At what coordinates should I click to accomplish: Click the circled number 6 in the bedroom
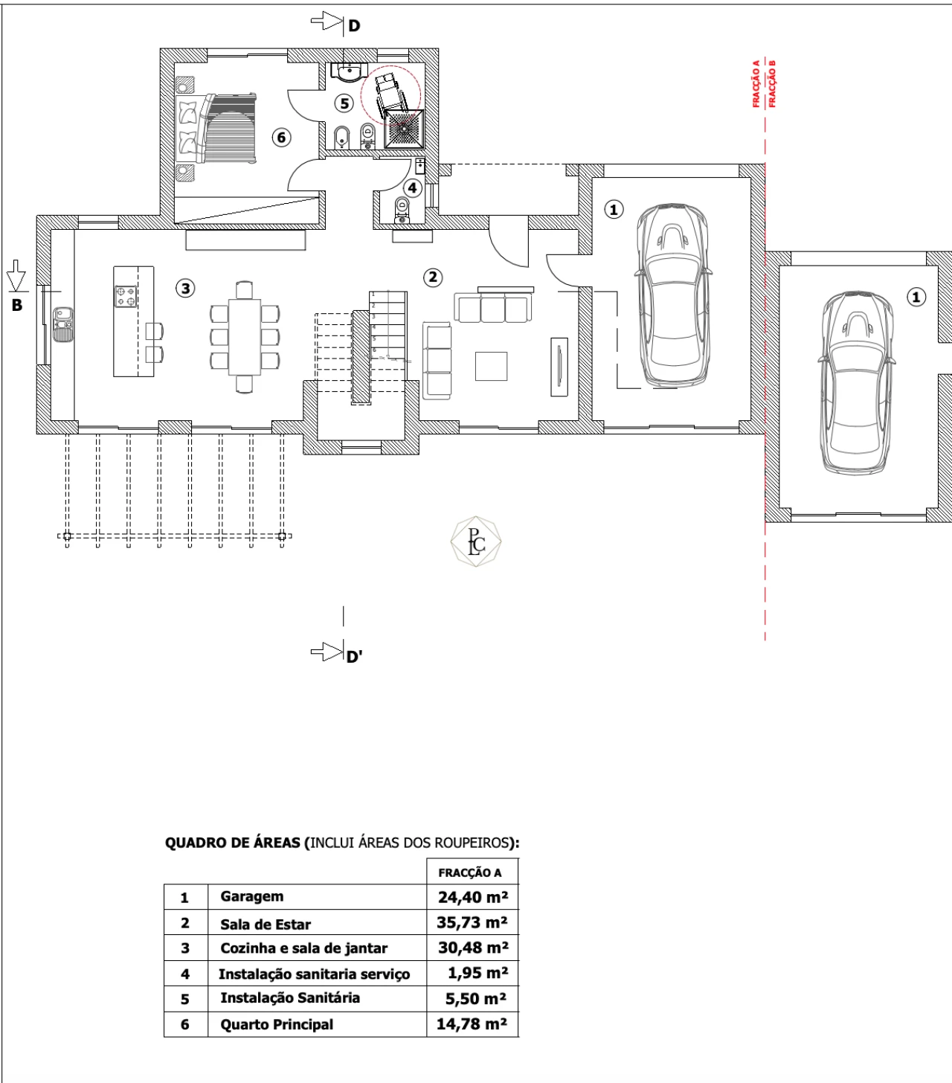coord(282,138)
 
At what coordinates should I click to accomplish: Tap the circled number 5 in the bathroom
coord(344,103)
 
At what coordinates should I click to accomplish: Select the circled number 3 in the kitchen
coord(185,289)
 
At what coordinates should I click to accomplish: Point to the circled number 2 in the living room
coord(432,277)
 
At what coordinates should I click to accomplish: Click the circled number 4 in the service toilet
coord(412,188)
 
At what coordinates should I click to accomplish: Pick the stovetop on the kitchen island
coord(126,296)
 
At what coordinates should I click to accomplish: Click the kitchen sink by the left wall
coord(62,324)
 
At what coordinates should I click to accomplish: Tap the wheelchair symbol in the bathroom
coord(389,95)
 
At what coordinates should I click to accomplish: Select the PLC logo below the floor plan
coord(476,541)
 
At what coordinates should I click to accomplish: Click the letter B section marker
coord(17,305)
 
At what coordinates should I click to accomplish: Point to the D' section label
coord(354,657)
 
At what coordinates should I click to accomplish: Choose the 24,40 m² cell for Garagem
coord(473,897)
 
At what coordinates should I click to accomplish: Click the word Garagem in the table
coord(252,896)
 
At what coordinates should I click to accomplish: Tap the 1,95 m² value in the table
coord(477,973)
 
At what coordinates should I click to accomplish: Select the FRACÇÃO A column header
coord(470,873)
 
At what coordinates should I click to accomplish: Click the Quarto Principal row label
coord(277,1024)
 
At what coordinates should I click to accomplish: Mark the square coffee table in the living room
coord(491,366)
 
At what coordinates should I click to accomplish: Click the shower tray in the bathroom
coord(404,129)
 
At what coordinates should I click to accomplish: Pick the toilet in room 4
coord(402,211)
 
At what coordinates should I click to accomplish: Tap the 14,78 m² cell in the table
coord(472,1023)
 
